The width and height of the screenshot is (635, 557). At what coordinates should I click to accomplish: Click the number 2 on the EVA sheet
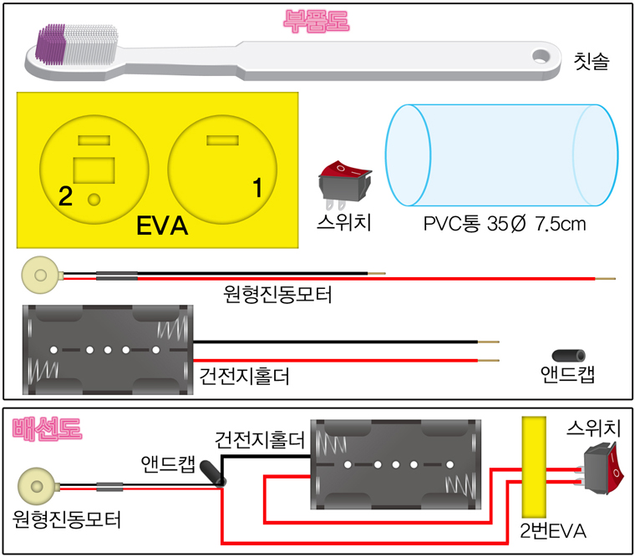click(66, 196)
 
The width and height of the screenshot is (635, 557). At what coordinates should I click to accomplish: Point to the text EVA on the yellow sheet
click(164, 227)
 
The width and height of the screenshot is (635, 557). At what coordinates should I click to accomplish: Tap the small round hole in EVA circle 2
click(94, 200)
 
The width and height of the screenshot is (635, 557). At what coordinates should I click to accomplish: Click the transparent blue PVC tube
click(500, 156)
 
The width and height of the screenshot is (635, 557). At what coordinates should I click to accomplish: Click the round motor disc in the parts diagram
click(37, 273)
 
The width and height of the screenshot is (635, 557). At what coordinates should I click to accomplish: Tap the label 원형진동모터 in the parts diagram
click(278, 294)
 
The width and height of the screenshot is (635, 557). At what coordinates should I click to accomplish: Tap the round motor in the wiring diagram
click(35, 485)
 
